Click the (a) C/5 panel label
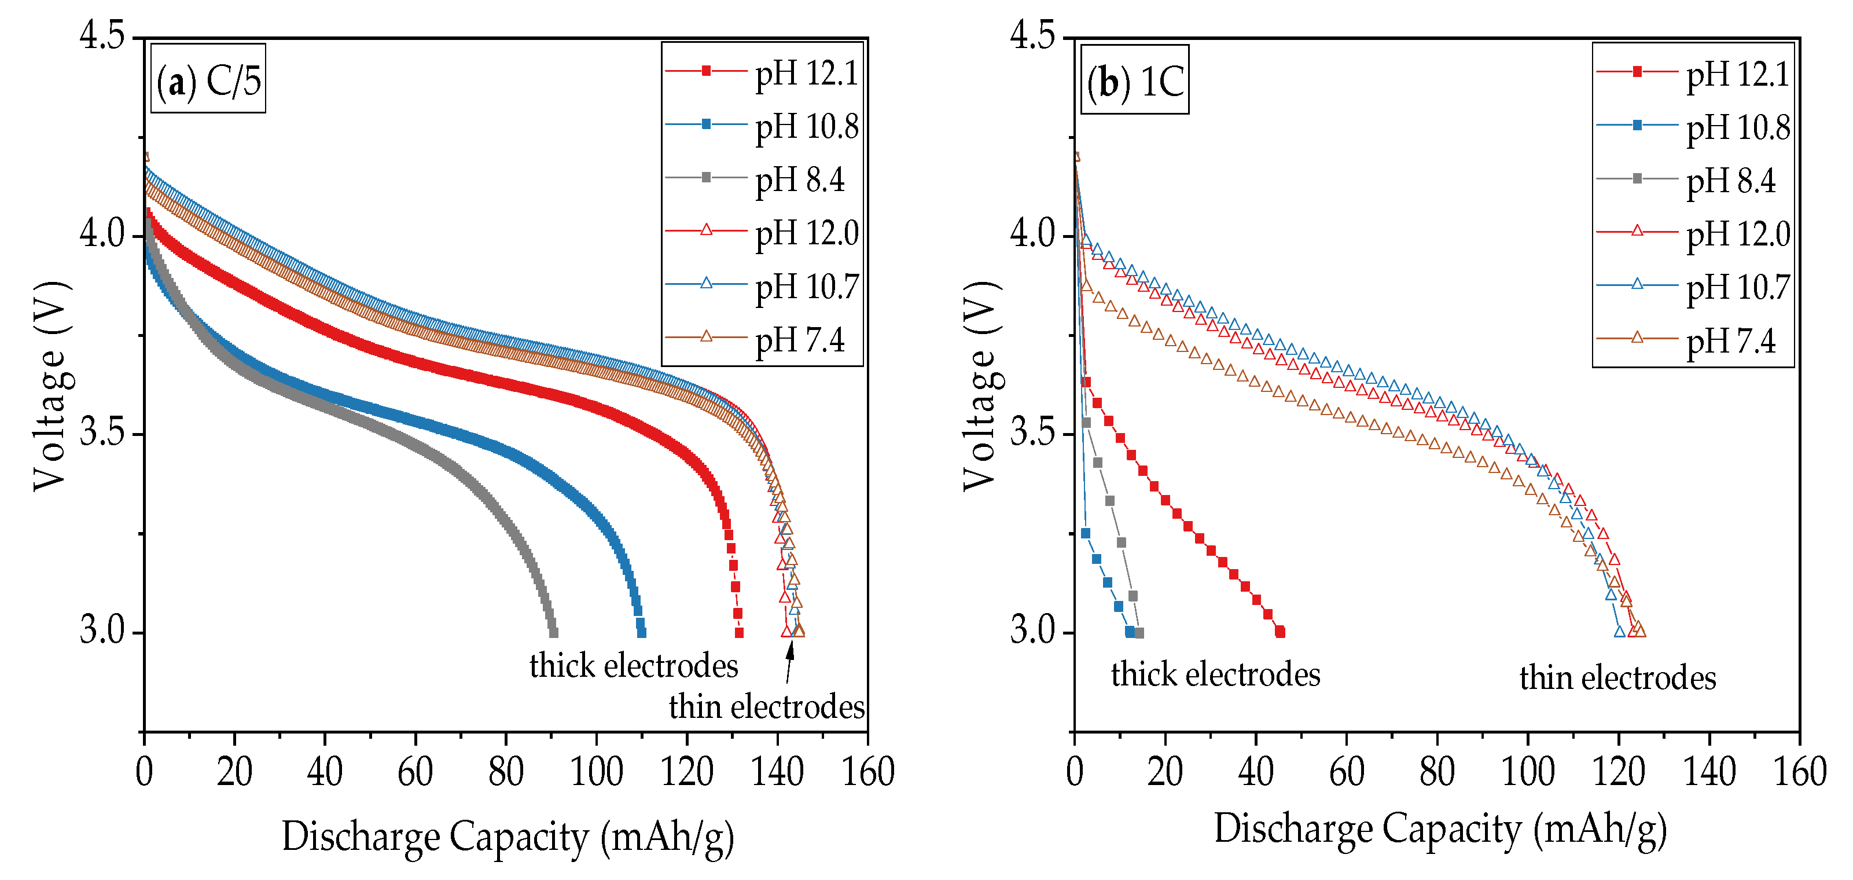(x=208, y=79)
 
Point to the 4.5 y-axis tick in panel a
(x=102, y=36)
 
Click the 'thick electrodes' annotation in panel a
(x=634, y=666)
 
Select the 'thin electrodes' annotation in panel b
(x=1617, y=678)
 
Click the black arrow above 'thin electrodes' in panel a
(x=789, y=661)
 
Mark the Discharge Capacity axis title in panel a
(x=508, y=837)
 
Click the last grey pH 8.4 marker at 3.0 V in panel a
(x=553, y=632)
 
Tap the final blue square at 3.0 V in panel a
(x=641, y=632)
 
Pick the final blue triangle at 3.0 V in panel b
(x=1619, y=632)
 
